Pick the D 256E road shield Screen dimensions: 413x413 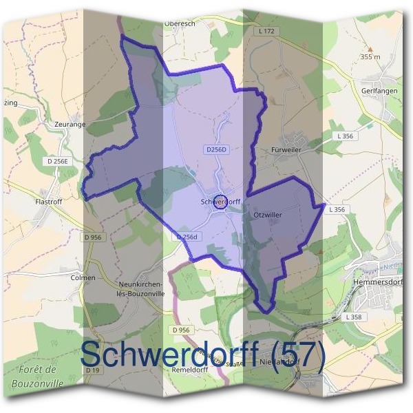[x=60, y=161]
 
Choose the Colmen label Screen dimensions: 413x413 [x=81, y=277]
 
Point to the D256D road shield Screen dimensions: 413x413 [x=216, y=149]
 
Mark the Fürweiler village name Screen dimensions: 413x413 [x=286, y=149]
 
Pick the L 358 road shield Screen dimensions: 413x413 [x=355, y=317]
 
